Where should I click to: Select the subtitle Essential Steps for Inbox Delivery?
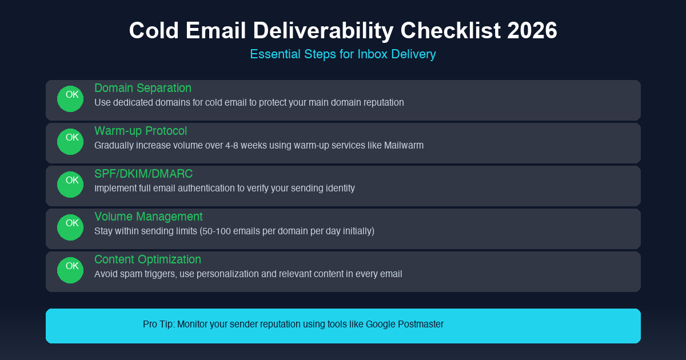(343, 54)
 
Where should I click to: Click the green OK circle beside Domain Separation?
(70, 99)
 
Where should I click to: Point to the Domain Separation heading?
(143, 88)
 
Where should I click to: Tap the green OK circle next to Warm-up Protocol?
(70, 142)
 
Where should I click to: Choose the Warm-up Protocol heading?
(141, 131)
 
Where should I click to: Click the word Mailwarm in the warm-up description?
(404, 145)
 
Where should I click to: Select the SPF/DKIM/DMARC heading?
(143, 174)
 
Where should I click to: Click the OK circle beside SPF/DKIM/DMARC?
(70, 185)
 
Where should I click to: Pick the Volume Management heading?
(149, 217)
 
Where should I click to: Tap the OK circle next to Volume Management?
(70, 227)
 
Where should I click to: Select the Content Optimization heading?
(147, 259)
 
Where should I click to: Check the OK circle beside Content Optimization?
(70, 270)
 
